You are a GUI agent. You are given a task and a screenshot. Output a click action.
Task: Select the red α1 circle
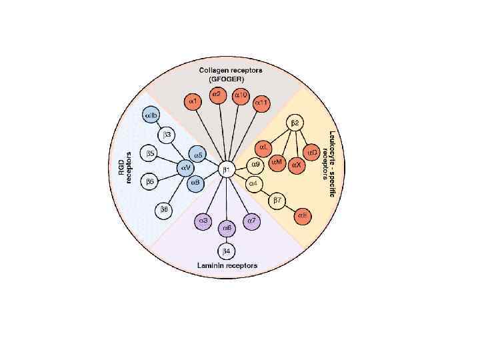coord(192,102)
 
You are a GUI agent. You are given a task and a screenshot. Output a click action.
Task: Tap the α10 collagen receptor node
coord(241,96)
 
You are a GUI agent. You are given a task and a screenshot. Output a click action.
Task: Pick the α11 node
coord(261,103)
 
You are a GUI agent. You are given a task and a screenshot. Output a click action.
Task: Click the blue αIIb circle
coord(151,116)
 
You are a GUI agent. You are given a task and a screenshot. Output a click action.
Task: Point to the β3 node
coord(167,135)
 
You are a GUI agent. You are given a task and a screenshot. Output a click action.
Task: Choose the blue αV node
coord(186,168)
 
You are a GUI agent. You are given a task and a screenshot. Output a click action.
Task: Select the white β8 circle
coord(164,210)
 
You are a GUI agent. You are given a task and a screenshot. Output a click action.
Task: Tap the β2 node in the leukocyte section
coord(294,123)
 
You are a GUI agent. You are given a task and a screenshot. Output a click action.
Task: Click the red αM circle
coord(277,162)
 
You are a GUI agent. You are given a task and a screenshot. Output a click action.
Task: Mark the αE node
coord(303,215)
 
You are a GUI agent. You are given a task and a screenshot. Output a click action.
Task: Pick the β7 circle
coord(278,200)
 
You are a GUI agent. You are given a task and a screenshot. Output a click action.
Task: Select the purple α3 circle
coord(203,220)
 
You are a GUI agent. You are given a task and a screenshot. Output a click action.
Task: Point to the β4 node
coord(227,251)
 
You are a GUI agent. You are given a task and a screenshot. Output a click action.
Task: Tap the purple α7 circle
coord(251,220)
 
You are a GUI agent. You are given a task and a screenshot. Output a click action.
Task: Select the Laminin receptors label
coord(227,265)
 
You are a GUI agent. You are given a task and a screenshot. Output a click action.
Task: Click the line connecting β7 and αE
coord(291,208)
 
